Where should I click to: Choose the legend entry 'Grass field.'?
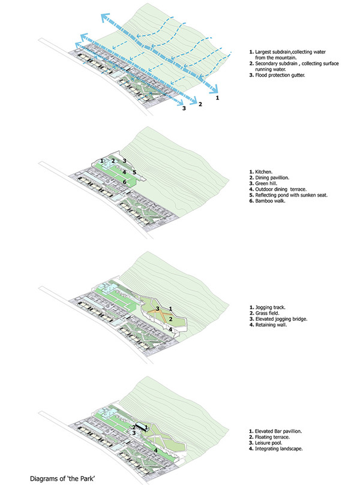268,313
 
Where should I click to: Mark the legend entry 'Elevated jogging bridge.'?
281,319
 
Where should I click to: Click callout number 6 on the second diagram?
124,182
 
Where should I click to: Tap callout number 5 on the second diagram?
134,173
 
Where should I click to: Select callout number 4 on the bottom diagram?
156,450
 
